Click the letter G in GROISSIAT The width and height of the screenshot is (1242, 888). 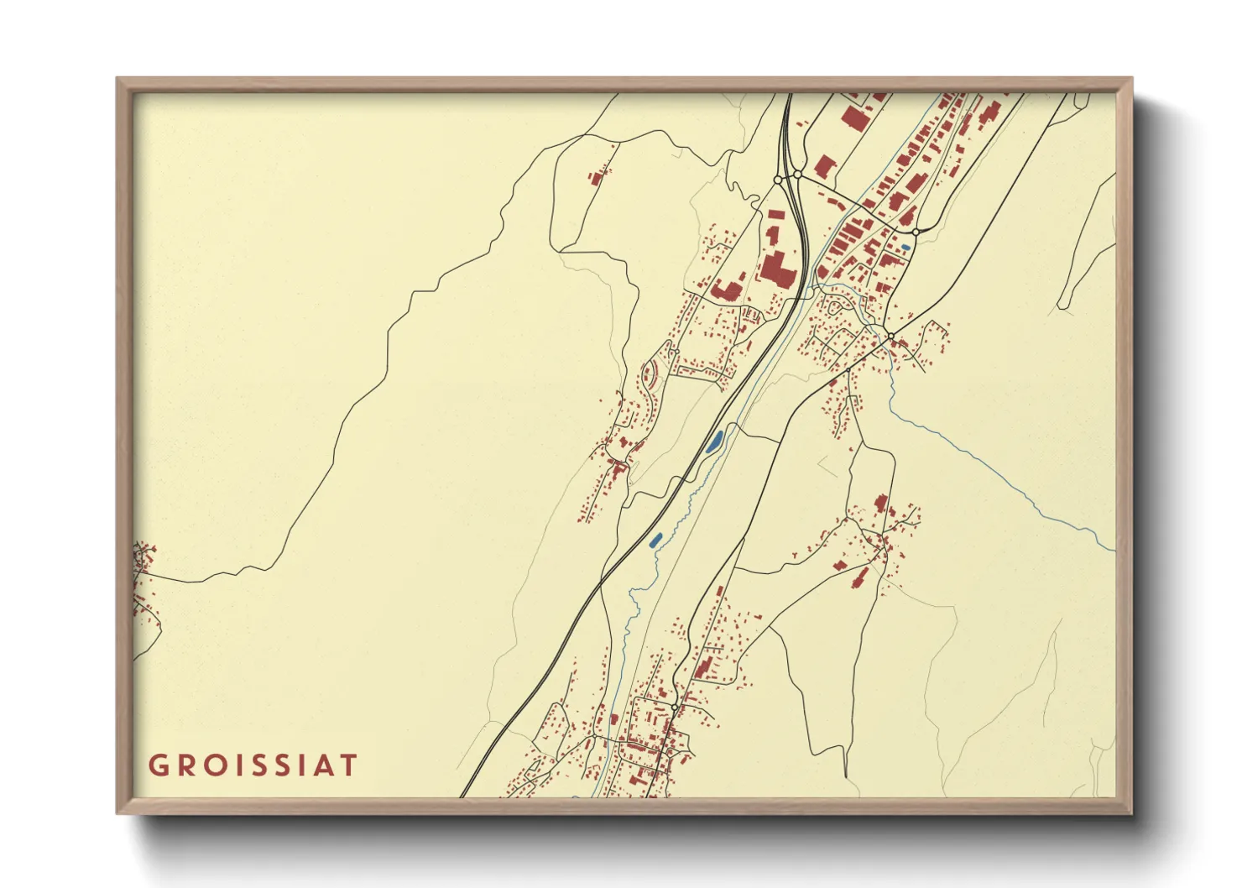click(158, 765)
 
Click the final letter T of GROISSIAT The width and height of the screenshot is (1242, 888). click(347, 765)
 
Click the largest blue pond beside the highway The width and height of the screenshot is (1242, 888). click(716, 440)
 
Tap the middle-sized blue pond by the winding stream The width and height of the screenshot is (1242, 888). click(655, 539)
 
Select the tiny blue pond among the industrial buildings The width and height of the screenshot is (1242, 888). click(905, 248)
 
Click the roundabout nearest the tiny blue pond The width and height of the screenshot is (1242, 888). click(916, 232)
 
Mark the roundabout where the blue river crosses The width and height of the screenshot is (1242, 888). click(890, 336)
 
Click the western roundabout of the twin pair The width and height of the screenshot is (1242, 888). click(778, 180)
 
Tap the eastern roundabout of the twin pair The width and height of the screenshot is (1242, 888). click(798, 175)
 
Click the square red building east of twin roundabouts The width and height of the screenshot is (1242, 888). click(824, 166)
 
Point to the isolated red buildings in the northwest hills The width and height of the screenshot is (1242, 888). click(597, 177)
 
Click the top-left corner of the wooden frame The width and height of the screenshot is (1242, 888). click(117, 79)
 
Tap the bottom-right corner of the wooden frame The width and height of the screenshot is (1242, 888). click(1131, 812)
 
